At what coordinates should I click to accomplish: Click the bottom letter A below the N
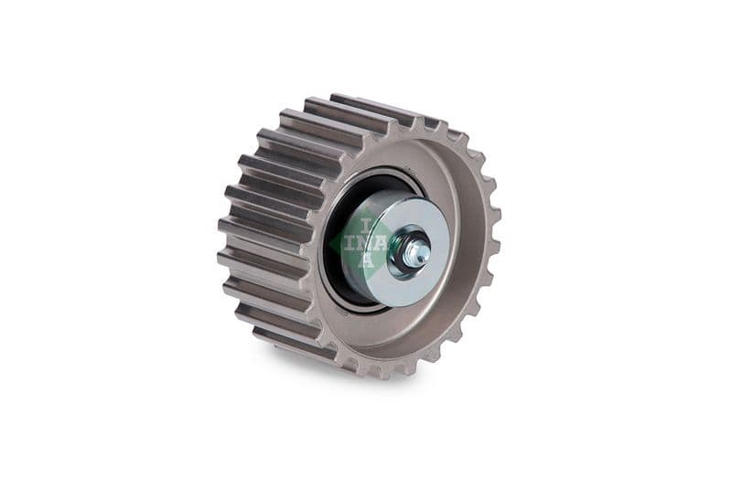coord(366,261)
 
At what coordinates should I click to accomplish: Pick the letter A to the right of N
coord(381,243)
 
